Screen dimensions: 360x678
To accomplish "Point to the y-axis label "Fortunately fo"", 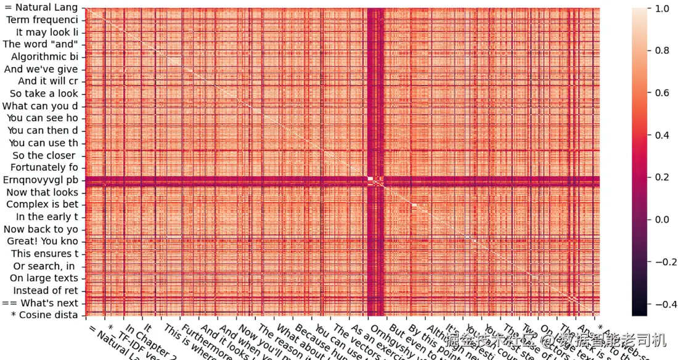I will coord(44,168).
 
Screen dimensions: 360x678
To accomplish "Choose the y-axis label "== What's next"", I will coord(40,303).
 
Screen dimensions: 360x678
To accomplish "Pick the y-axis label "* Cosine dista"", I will coord(44,316).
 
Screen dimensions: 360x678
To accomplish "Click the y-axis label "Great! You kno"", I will coord(43,242).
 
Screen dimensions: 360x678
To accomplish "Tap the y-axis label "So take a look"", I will coord(44,94).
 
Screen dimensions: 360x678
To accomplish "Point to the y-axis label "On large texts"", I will coord(44,279).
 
